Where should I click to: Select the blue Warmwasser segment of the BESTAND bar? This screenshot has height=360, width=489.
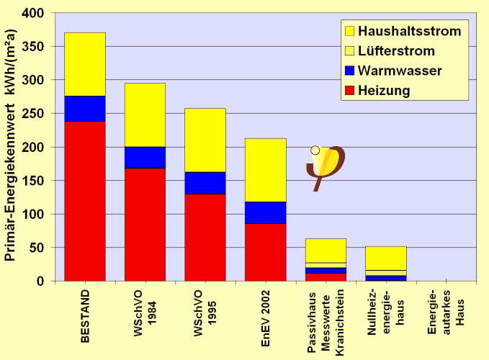click(x=85, y=109)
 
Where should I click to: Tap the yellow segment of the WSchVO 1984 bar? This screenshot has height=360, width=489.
click(x=145, y=114)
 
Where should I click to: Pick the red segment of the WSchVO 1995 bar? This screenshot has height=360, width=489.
click(x=205, y=237)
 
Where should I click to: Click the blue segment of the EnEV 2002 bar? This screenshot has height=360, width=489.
click(x=266, y=212)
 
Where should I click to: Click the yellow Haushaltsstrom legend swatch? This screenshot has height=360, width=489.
click(x=350, y=31)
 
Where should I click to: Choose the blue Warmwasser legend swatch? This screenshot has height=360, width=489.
click(x=350, y=71)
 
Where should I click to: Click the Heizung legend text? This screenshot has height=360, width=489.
click(x=384, y=91)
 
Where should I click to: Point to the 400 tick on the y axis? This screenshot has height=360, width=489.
click(x=34, y=14)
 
